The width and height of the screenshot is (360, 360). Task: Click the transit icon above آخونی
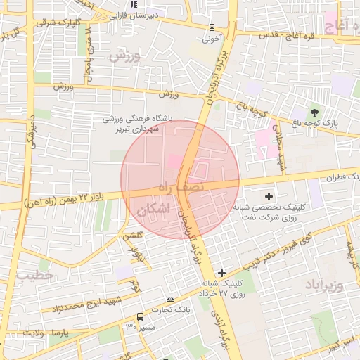[212, 27]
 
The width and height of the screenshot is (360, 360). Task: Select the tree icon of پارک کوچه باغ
[314, 112]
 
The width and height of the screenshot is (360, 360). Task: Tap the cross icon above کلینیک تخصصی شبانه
[269, 195]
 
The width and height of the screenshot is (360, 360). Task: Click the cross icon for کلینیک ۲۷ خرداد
[222, 273]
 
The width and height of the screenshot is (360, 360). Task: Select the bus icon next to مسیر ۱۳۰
[140, 316]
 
